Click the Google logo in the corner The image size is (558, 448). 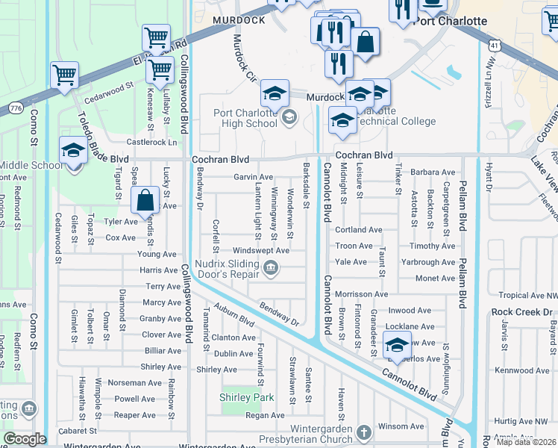pyautogui.click(x=24, y=439)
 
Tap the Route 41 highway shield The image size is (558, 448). pyautogui.click(x=495, y=46)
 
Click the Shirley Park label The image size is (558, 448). pyautogui.click(x=247, y=397)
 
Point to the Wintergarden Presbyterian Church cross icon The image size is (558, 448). pyautogui.click(x=363, y=433)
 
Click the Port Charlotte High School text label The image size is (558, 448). pyautogui.click(x=245, y=118)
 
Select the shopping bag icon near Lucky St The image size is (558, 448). pyautogui.click(x=144, y=199)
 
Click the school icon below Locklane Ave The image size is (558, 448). pyautogui.click(x=396, y=346)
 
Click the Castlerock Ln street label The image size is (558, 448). pyautogui.click(x=152, y=142)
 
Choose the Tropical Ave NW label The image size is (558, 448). pyautogui.click(x=527, y=296)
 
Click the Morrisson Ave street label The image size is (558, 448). pyautogui.click(x=363, y=294)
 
